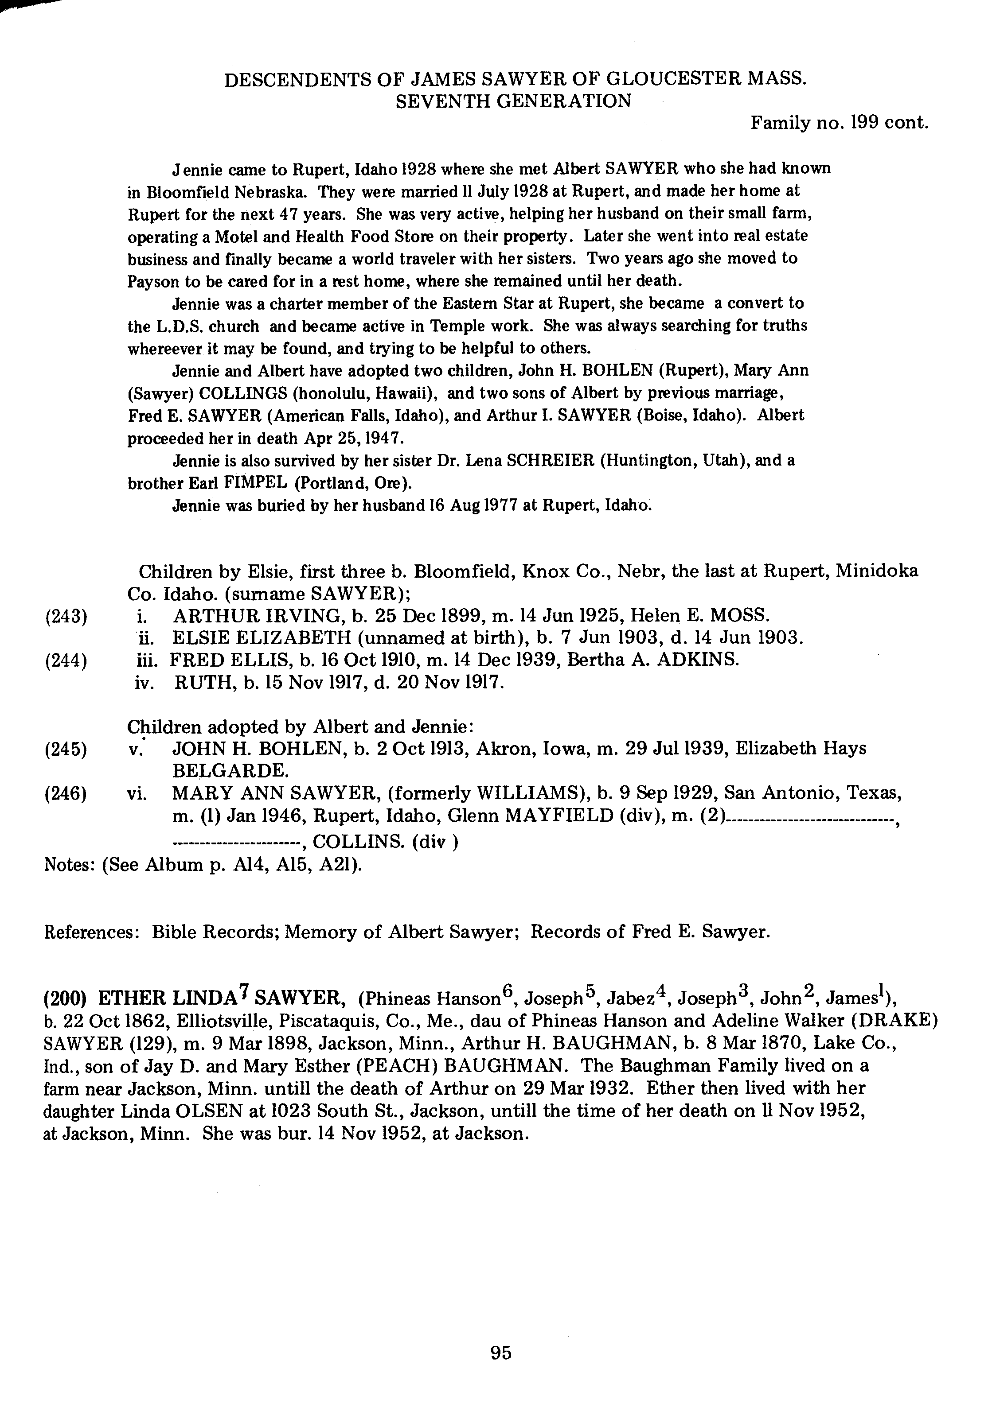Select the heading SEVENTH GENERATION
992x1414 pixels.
point(513,101)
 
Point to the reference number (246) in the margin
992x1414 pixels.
point(66,793)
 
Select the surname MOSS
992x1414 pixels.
point(739,614)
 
